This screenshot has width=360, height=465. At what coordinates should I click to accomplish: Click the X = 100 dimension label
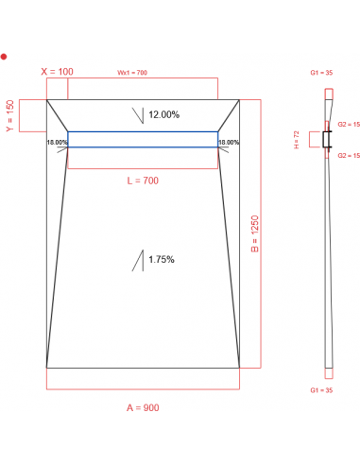58,72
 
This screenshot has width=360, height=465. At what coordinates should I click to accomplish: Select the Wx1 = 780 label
132,72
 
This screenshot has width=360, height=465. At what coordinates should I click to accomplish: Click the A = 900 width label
144,407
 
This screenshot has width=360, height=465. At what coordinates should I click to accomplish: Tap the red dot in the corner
5,57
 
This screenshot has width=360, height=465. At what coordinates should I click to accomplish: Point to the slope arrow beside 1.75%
139,259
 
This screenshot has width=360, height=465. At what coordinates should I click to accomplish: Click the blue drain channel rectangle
143,139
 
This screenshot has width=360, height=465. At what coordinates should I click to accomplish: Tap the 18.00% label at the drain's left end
57,143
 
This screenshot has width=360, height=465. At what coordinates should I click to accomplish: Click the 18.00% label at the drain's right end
229,143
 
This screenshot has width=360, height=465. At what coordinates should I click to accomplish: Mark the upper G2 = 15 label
345,124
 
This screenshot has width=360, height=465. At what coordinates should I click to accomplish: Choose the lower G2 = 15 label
345,155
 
